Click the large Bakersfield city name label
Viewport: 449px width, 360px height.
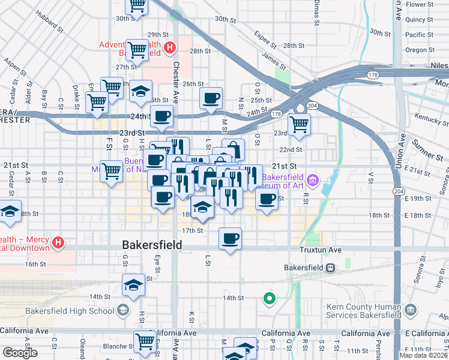[x=152, y=245]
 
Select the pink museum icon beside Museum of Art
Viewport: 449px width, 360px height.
[x=312, y=179]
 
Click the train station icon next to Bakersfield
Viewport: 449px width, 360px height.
[x=330, y=268]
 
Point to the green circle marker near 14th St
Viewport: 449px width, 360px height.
[x=270, y=297]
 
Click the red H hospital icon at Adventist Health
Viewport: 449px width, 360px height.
[x=170, y=46]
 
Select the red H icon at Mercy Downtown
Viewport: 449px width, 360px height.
[x=58, y=243]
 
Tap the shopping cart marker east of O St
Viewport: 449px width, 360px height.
[x=299, y=124]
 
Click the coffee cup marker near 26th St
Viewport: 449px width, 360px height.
[x=211, y=98]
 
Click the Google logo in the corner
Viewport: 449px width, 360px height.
[x=20, y=353]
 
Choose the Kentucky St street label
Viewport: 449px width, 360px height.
[x=427, y=117]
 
